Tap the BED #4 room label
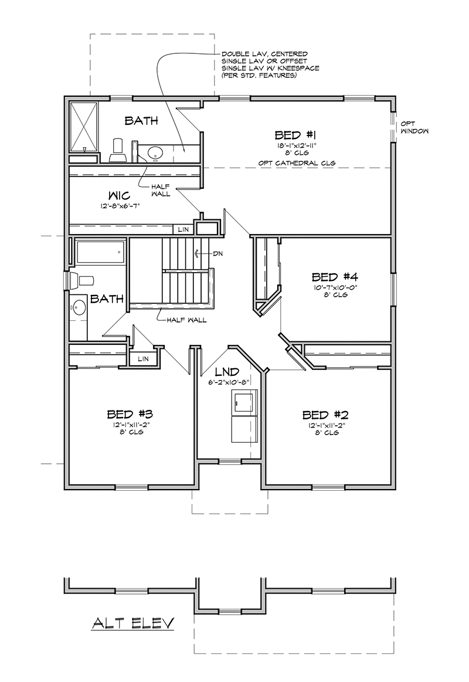334,276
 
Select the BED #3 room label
130,413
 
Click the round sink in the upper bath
155,153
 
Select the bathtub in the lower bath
100,253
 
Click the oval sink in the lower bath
79,306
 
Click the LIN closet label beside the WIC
183,229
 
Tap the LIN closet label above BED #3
143,358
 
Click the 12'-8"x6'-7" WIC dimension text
120,206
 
